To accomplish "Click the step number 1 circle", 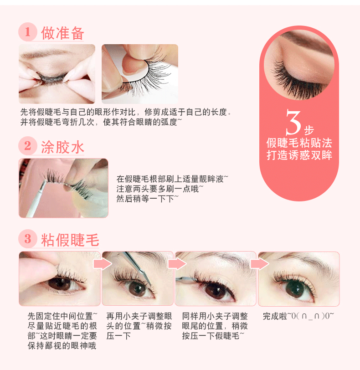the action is click(x=28, y=32).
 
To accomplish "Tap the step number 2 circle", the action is click(x=28, y=146).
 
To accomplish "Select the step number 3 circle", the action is click(x=28, y=239).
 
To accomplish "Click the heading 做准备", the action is click(x=62, y=33).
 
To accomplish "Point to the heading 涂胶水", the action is click(x=62, y=147).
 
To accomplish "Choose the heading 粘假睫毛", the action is click(x=70, y=240).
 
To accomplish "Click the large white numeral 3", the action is click(x=293, y=122).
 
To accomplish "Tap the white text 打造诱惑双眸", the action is click(x=299, y=155).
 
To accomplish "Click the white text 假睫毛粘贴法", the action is click(x=299, y=143).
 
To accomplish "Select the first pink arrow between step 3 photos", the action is click(x=103, y=264).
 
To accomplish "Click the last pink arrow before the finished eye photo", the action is click(x=260, y=264).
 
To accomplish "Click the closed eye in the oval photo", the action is click(x=297, y=78).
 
